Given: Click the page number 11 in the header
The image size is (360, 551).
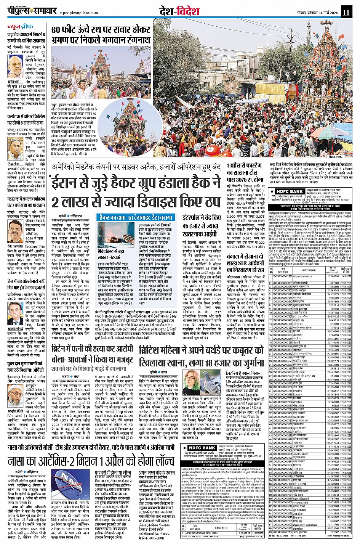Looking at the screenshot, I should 346,12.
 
